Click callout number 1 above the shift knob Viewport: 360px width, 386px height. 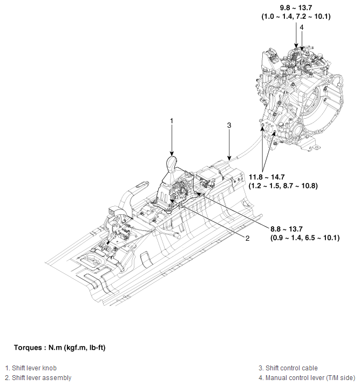click(172, 121)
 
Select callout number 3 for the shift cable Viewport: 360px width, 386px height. click(229, 125)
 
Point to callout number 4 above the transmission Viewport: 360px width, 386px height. click(302, 27)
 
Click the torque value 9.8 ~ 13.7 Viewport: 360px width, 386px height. click(296, 8)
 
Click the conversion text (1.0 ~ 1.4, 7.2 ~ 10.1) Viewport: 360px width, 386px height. click(296, 17)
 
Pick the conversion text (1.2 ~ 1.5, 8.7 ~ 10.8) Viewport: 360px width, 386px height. click(283, 186)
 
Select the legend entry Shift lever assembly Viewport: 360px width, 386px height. click(38, 377)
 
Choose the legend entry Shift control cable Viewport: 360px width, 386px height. click(288, 368)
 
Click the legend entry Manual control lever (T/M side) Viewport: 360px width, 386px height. click(305, 377)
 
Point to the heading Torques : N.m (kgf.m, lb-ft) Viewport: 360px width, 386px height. click(59, 347)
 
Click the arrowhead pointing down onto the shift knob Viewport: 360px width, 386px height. click(172, 153)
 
